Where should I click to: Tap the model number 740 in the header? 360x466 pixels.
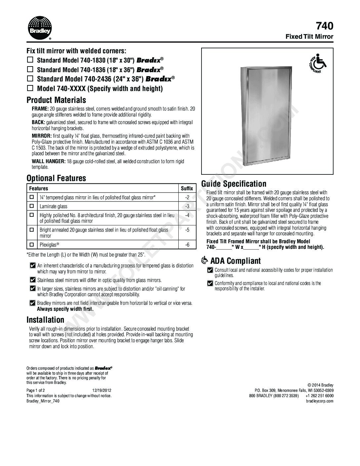click(324, 26)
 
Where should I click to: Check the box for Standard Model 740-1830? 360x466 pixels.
click(30, 60)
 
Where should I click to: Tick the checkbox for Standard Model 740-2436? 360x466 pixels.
click(30, 79)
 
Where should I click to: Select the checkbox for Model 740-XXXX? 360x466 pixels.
click(30, 88)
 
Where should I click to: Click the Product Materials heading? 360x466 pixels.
click(56, 100)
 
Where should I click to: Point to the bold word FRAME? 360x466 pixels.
click(40, 109)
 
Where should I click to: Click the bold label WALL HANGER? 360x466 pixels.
click(49, 162)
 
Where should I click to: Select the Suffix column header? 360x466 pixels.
click(187, 188)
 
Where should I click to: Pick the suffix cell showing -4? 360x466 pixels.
click(187, 215)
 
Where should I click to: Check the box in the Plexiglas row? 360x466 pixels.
click(32, 245)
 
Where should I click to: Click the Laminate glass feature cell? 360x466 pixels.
click(53, 206)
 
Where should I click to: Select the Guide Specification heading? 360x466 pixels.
click(234, 184)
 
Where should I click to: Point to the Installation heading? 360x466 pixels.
click(45, 320)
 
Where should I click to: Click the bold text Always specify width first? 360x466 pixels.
click(65, 309)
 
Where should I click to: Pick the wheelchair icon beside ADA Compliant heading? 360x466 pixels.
click(205, 261)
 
